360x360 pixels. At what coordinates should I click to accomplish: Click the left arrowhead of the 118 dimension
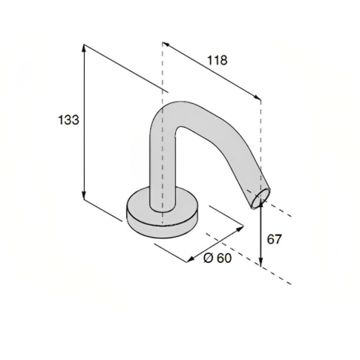[x=166, y=45]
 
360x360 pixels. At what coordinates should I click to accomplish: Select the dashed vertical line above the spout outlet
[x=261, y=141]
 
